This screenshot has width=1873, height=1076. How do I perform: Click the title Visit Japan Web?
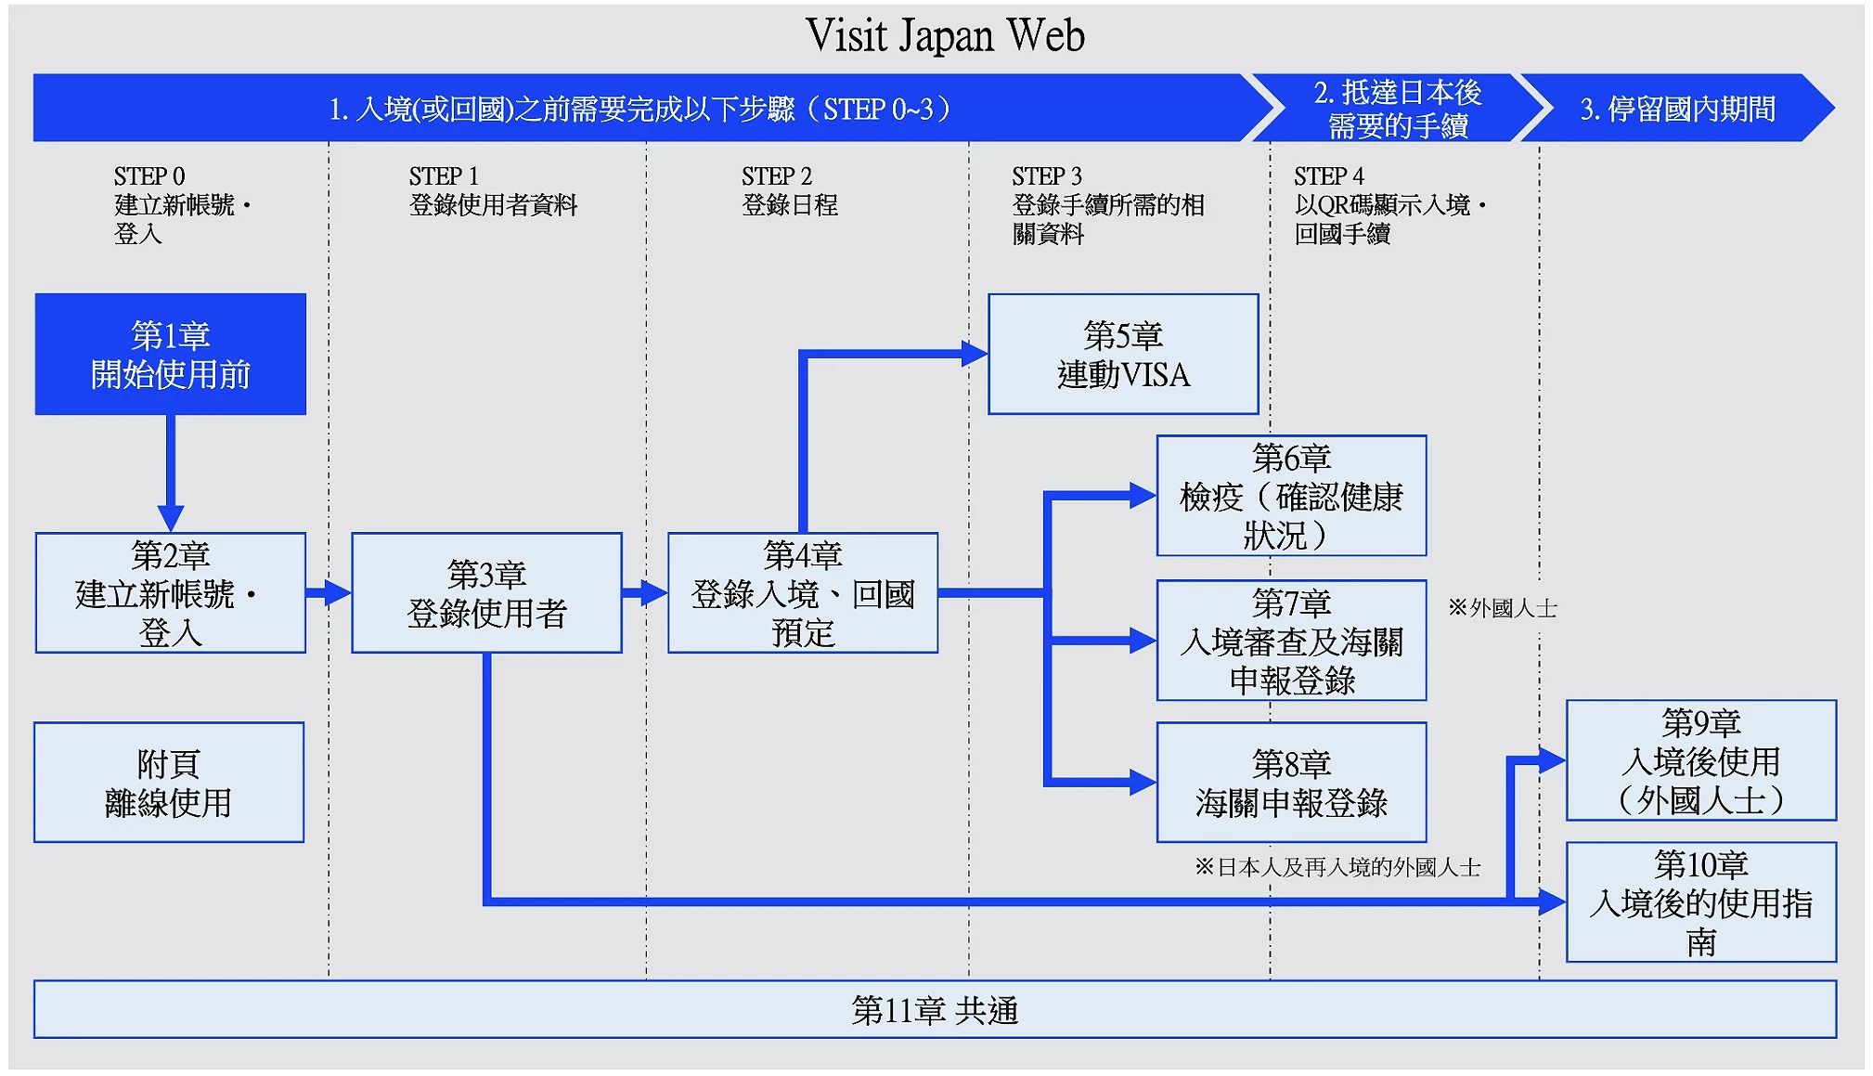coord(944,36)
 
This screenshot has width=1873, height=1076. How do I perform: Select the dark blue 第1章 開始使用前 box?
coord(171,355)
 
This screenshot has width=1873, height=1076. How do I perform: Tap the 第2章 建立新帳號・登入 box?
coord(171,593)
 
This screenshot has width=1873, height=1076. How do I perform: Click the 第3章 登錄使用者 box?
coord(486,593)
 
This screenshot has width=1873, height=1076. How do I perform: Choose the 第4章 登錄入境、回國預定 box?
coord(803,593)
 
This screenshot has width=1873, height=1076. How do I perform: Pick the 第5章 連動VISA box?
coord(1123,355)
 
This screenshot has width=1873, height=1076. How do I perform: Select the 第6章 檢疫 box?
coord(1291,496)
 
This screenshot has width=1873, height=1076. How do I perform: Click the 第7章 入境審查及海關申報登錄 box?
coord(1291,641)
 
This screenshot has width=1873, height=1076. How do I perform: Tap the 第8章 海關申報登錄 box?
coord(1291,783)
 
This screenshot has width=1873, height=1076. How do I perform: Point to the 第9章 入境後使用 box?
coord(1700,760)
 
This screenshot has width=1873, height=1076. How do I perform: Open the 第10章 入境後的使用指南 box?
coord(1700,902)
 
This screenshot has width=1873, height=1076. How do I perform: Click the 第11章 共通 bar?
coord(935,1010)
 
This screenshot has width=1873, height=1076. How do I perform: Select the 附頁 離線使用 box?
coord(169,783)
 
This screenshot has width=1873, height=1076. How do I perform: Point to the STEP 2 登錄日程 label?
coord(789,190)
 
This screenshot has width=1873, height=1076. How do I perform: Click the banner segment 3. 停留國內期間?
coord(1677,109)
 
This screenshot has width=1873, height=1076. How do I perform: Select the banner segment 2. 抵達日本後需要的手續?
coord(1397,109)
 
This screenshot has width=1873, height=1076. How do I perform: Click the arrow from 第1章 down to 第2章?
coord(171,473)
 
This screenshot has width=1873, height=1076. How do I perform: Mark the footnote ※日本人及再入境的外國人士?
coord(1337,867)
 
